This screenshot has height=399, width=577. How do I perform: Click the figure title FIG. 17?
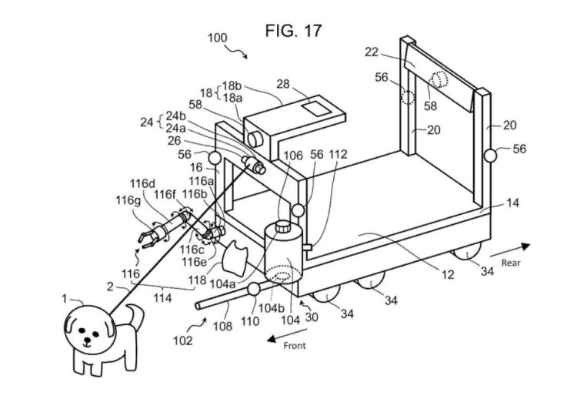coord(293,31)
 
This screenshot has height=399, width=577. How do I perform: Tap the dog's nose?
coord(87,340)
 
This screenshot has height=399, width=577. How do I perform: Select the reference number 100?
coord(218,38)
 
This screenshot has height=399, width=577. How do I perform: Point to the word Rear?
coord(511,263)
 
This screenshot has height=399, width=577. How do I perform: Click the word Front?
coord(295,346)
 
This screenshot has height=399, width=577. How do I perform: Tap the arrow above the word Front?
coord(287,335)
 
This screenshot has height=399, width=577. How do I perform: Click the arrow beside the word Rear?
coord(510,250)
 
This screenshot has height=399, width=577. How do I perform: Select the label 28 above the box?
coord(283,84)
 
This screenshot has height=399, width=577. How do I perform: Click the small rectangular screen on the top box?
coord(315,109)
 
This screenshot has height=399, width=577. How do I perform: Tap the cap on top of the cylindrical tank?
coord(283,226)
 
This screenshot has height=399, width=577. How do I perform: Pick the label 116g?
coord(128,200)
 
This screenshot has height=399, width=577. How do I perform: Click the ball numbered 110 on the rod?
coord(254,289)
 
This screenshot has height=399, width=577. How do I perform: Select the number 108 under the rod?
coord(222,326)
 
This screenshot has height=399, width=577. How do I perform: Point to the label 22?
coord(372,52)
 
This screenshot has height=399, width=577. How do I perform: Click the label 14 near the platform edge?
coord(512,203)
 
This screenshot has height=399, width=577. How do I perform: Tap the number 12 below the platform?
coord(448,274)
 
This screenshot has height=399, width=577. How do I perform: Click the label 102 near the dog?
coord(183,340)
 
